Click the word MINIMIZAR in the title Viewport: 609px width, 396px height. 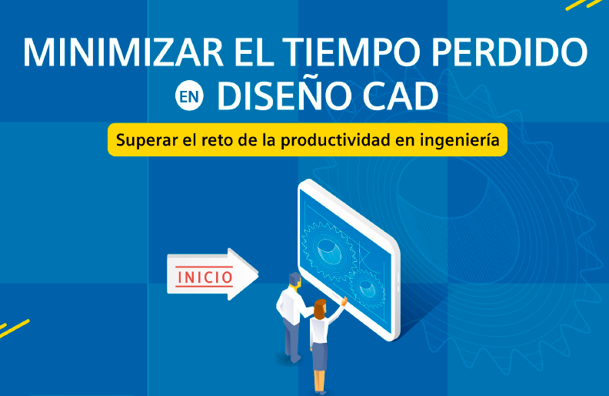tap(123, 52)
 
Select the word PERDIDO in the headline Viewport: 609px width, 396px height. tap(510, 52)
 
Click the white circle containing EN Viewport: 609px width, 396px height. tap(189, 96)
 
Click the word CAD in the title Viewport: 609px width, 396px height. tap(401, 96)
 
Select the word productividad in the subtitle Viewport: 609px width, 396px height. tap(335, 140)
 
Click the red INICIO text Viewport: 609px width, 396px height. tap(205, 277)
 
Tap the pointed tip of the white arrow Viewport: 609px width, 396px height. tap(258, 274)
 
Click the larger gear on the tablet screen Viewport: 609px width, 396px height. tap(328, 249)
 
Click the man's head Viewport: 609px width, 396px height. tap(295, 280)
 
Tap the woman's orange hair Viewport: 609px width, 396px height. tap(320, 309)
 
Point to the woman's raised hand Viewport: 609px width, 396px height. tap(344, 300)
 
